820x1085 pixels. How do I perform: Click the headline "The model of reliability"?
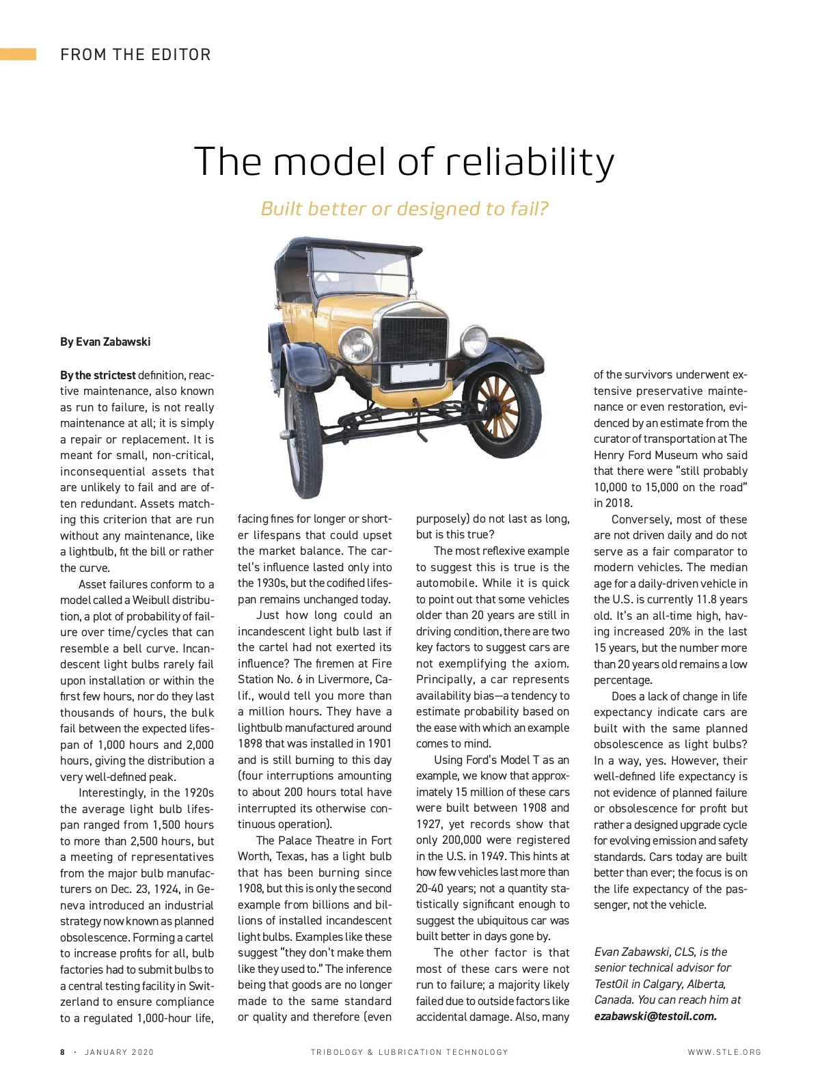click(x=405, y=161)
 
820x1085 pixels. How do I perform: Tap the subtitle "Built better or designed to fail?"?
click(x=405, y=208)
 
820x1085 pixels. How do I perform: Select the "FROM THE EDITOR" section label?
click(x=135, y=55)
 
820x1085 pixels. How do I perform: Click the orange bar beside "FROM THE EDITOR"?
click(x=18, y=55)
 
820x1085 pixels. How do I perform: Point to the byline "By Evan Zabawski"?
click(x=105, y=342)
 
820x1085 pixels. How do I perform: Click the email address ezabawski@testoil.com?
click(x=655, y=1016)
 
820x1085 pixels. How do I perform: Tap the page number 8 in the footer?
click(x=63, y=1052)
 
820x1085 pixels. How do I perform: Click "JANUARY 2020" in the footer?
click(x=120, y=1052)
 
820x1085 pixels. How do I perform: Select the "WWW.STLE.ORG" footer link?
click(x=724, y=1052)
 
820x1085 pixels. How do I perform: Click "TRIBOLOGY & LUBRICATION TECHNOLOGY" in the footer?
click(x=409, y=1052)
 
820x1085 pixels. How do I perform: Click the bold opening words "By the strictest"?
click(x=98, y=375)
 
